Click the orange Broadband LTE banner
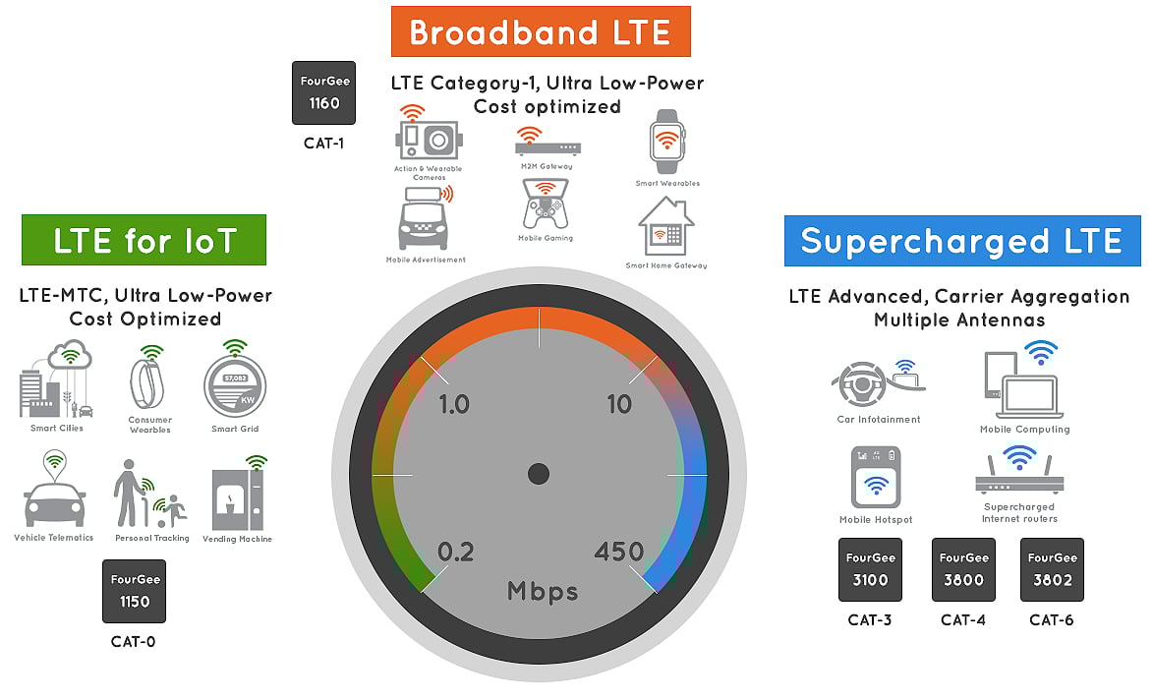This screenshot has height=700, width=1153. (x=540, y=31)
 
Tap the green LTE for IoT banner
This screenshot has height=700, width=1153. (x=144, y=241)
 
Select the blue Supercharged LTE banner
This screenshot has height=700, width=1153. (x=961, y=241)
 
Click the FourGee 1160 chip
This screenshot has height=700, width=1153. (x=323, y=93)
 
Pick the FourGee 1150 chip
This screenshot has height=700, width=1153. (x=134, y=591)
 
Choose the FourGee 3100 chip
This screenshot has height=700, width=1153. (x=870, y=569)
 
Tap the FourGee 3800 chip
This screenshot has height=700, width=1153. (x=963, y=569)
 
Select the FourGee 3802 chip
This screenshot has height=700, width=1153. (x=1052, y=569)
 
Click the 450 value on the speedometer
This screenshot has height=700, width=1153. (x=619, y=552)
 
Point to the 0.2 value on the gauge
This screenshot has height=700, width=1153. (x=456, y=552)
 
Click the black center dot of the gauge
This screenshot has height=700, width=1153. (x=538, y=474)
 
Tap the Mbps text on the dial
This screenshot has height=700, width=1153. (x=543, y=591)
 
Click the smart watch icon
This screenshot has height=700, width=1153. (x=667, y=142)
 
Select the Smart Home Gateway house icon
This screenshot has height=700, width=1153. (x=666, y=228)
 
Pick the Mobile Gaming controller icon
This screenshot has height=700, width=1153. (x=545, y=204)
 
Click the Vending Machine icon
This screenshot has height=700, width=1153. (x=237, y=498)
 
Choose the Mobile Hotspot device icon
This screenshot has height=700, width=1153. (x=876, y=480)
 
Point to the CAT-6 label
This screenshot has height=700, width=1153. (x=1052, y=620)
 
